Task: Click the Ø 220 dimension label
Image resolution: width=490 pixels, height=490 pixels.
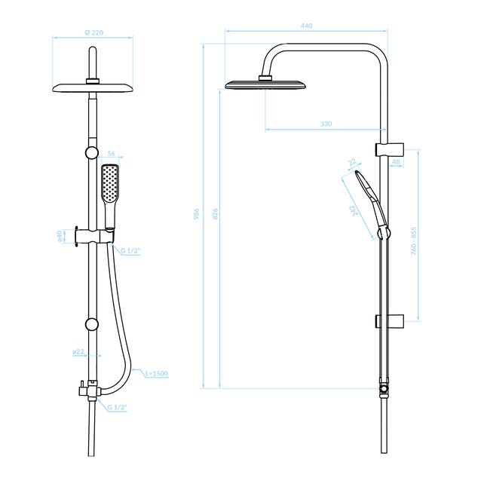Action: [x=93, y=32]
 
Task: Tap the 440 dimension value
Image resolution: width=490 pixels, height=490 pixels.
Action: [x=306, y=26]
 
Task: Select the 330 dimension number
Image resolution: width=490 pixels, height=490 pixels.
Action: [x=326, y=124]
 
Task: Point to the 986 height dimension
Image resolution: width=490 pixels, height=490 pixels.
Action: [x=196, y=214]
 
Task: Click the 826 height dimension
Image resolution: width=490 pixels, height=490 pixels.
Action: [x=215, y=214]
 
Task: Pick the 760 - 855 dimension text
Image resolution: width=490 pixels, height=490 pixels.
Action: [x=413, y=241]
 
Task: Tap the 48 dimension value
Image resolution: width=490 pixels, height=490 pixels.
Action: [x=396, y=162]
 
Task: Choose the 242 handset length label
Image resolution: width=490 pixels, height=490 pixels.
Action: [x=354, y=210]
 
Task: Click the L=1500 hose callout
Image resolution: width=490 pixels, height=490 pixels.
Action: [x=157, y=373]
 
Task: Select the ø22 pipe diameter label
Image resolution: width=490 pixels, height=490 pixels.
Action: [x=78, y=352]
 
